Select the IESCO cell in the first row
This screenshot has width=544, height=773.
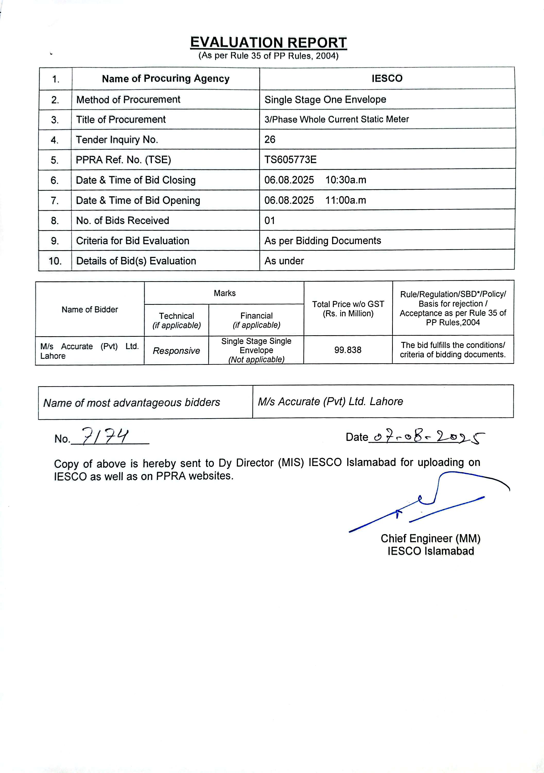tap(387, 78)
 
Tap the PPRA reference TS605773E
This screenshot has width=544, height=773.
tap(290, 159)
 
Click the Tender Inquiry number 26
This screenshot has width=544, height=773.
tap(270, 139)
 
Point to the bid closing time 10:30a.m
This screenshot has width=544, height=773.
tap(346, 180)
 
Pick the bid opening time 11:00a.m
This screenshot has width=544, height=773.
tap(346, 200)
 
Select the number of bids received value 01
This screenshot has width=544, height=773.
tap(270, 221)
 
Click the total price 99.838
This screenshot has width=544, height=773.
tap(348, 350)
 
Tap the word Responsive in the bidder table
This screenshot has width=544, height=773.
tap(176, 351)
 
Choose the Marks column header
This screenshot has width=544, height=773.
tap(224, 293)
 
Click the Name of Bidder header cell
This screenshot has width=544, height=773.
tap(90, 309)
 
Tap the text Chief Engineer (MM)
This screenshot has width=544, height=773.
tap(430, 539)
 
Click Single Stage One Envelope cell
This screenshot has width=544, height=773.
tap(325, 100)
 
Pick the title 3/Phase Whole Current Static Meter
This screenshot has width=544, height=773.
tap(336, 120)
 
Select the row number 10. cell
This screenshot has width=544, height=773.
tap(55, 261)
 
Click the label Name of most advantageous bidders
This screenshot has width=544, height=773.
tap(132, 403)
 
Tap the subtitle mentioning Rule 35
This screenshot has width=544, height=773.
tap(268, 56)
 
